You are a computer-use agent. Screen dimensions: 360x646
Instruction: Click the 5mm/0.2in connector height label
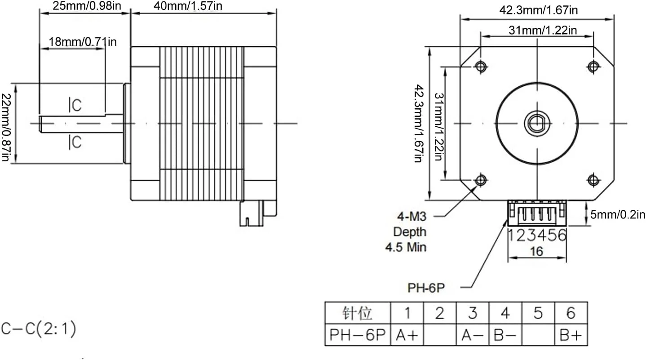coord(618,215)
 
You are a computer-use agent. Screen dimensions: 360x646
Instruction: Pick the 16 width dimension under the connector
coord(536,252)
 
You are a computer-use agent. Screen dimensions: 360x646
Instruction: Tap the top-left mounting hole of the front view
coord(481,67)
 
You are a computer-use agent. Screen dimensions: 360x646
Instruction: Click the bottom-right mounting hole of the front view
coord(593,180)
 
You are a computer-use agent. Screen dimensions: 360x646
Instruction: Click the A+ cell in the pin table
coord(407,335)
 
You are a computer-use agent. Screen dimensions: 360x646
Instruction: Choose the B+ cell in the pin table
coord(571,335)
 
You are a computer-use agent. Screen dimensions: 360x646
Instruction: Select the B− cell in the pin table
coord(505,335)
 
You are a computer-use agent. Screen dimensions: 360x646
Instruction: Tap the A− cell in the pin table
coord(472,335)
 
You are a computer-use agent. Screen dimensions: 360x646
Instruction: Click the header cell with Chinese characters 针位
coord(358,313)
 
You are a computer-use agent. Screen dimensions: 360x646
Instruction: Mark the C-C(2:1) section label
coord(39,329)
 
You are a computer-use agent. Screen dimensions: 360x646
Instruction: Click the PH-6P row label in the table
coord(358,335)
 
